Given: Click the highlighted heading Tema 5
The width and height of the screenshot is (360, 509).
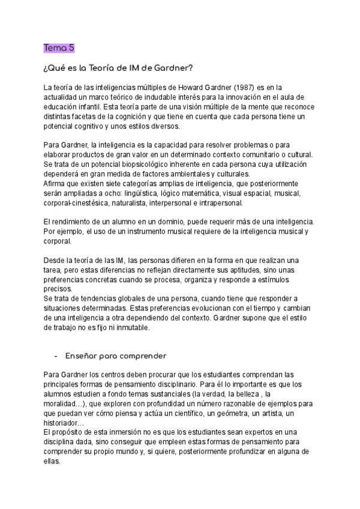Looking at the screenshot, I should point(58,47).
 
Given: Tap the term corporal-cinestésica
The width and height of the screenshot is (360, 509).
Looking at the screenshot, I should point(77,203).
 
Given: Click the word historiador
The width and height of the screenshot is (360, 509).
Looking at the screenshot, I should point(63,424).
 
